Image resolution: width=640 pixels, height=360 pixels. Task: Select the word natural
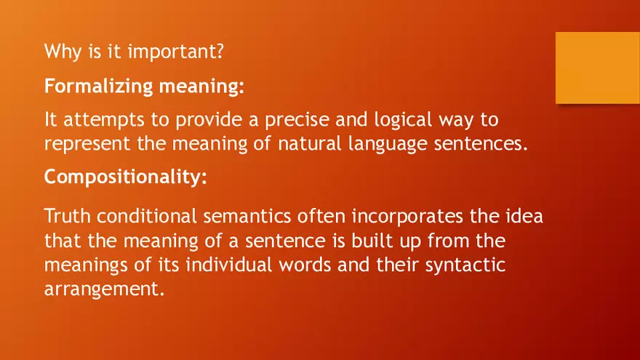tap(307, 143)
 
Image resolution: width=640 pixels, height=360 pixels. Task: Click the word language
tap(384, 143)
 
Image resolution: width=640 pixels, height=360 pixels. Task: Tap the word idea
tap(525, 217)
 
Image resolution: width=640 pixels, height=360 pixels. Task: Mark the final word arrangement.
tap(100, 289)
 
